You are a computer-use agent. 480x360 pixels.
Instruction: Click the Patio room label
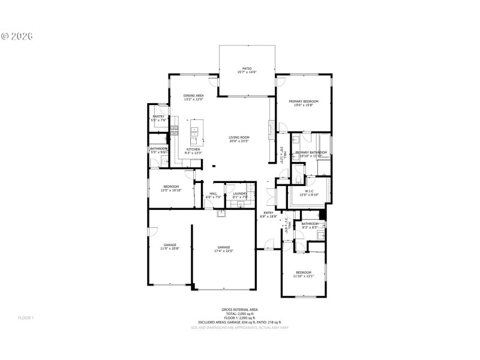click(x=247, y=70)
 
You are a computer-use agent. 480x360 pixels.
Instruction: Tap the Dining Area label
click(x=193, y=97)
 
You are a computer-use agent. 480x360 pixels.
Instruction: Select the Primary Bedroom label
click(x=303, y=103)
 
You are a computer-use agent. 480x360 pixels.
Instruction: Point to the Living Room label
click(x=239, y=139)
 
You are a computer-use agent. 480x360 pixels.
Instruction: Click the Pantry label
click(x=158, y=118)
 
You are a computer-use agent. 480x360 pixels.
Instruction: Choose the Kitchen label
click(x=193, y=151)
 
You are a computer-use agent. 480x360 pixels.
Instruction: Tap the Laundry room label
click(x=232, y=195)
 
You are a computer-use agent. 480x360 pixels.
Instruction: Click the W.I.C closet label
click(x=310, y=193)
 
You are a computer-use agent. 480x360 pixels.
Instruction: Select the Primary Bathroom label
click(x=311, y=154)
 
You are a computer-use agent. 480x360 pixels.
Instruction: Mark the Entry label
click(x=268, y=214)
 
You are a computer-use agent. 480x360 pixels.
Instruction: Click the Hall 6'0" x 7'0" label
click(x=213, y=195)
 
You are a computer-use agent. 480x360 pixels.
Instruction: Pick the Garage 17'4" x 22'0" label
click(x=224, y=249)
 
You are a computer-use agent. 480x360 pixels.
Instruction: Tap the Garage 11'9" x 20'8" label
click(x=170, y=247)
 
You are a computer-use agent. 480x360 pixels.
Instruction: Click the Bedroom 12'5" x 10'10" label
click(x=171, y=188)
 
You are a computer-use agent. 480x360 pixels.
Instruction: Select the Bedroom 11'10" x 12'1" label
click(x=302, y=274)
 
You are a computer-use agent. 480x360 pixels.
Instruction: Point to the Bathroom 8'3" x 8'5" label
click(x=310, y=226)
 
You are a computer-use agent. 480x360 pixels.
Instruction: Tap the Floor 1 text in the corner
click(x=26, y=317)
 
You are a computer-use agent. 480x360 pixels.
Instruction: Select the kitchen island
click(x=194, y=130)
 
